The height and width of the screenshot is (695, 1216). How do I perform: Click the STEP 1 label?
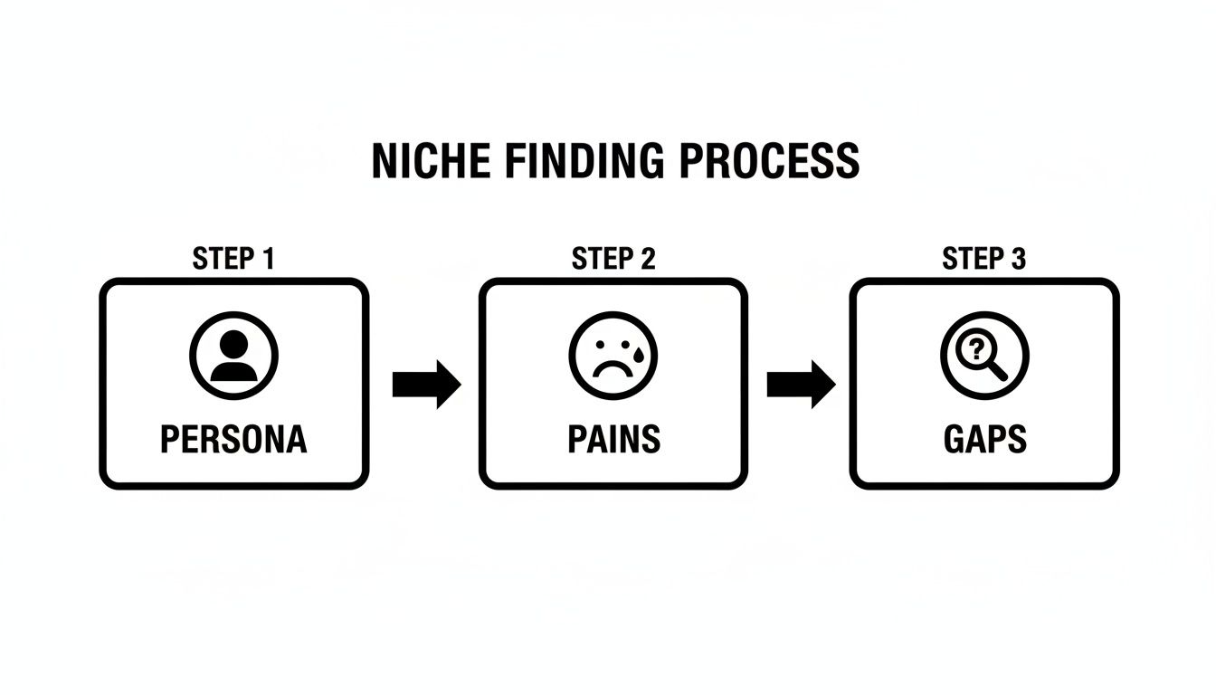pos(233,259)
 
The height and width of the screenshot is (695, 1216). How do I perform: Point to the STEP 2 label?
pos(613,259)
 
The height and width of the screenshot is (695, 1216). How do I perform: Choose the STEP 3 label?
pos(984,259)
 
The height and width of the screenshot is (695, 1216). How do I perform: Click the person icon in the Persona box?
pos(233,356)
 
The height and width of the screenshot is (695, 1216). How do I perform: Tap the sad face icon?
pos(613,356)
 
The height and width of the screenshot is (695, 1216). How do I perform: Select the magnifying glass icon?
pos(984,356)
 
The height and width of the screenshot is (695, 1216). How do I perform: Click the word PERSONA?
pos(233,440)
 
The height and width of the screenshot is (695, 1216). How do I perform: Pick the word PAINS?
pos(613,440)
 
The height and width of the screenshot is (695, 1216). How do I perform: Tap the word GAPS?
pos(984,440)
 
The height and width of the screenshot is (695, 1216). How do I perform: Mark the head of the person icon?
pos(233,344)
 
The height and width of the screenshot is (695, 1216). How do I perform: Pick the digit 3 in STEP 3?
pos(1017,259)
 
